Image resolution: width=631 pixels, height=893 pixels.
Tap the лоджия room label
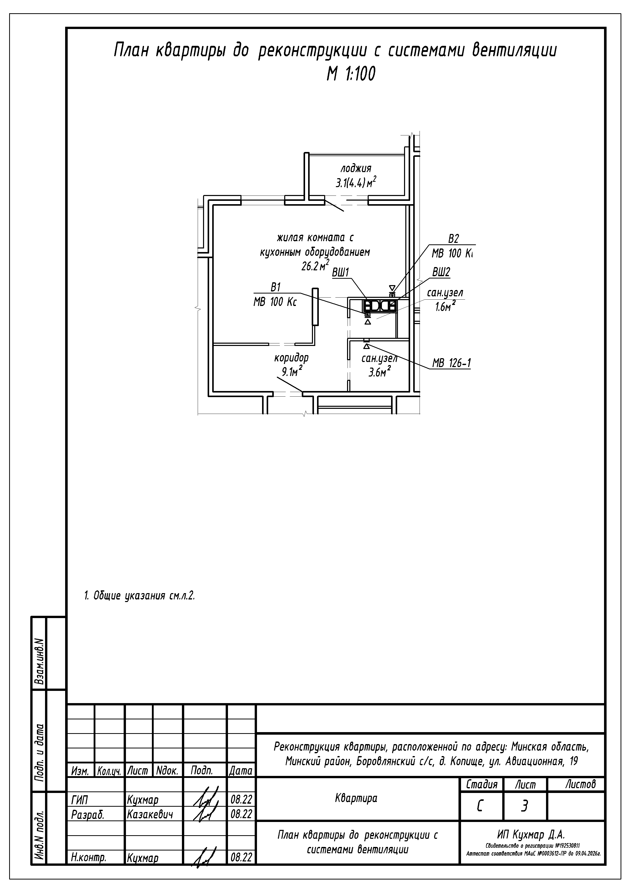[355, 169]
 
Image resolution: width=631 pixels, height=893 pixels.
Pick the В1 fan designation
[275, 287]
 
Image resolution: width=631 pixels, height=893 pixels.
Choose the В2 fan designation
[453, 239]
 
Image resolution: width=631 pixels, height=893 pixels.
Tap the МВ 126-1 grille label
[451, 363]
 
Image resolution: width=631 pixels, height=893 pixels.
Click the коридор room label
[291, 357]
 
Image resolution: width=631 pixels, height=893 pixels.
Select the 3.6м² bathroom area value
[379, 372]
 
